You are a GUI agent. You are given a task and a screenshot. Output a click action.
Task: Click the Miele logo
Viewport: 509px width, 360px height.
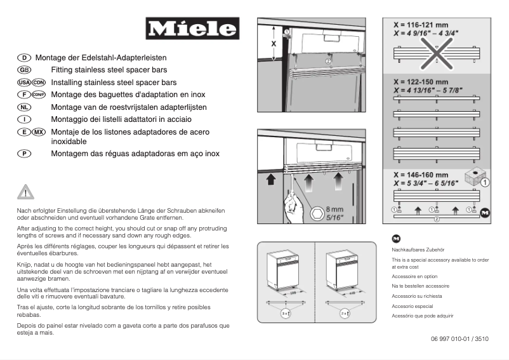192,29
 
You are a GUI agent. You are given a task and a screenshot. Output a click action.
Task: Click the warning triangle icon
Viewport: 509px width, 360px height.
25,192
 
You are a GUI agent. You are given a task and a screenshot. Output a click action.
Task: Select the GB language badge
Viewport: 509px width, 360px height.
25,70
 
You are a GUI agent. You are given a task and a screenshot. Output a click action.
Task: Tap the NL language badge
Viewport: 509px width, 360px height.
25,107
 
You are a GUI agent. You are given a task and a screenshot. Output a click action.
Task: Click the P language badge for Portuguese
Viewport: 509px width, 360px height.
25,154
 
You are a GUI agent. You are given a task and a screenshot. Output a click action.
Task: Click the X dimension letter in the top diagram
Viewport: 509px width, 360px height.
274,44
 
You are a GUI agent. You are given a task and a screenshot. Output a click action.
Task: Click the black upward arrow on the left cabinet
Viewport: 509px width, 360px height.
271,180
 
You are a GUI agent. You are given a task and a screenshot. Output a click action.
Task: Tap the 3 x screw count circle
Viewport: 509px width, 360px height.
286,313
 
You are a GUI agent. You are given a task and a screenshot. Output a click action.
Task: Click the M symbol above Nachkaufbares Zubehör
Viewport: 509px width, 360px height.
397,239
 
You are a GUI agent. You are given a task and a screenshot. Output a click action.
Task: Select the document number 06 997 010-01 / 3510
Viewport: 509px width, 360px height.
459,339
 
